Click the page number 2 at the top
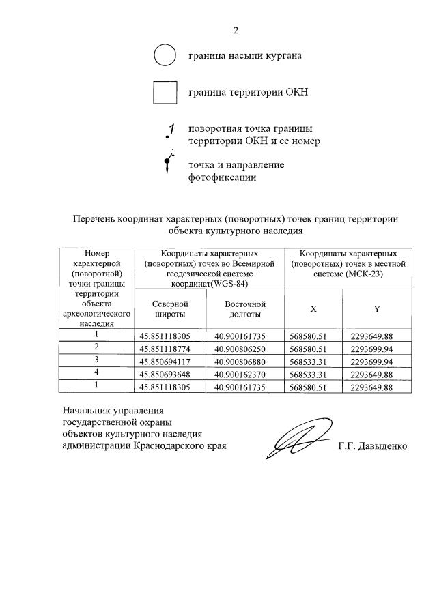pyautogui.click(x=236, y=30)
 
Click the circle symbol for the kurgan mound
pyautogui.click(x=165, y=55)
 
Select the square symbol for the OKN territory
pyautogui.click(x=165, y=92)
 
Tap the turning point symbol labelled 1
pyautogui.click(x=171, y=131)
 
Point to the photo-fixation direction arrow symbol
pyautogui.click(x=168, y=164)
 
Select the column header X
pyautogui.click(x=313, y=308)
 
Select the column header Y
pyautogui.click(x=376, y=308)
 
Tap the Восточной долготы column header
pyautogui.click(x=245, y=308)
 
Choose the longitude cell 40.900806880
pyautogui.click(x=245, y=360)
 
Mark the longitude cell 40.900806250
pyautogui.click(x=245, y=347)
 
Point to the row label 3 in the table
pyautogui.click(x=97, y=360)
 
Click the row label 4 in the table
pyautogui.click(x=97, y=372)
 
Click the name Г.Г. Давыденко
pyautogui.click(x=372, y=446)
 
